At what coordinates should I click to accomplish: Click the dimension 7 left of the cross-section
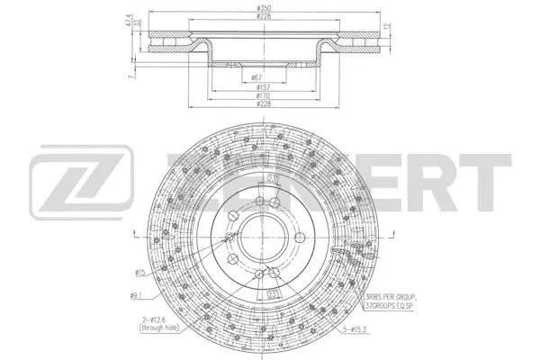131,78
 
